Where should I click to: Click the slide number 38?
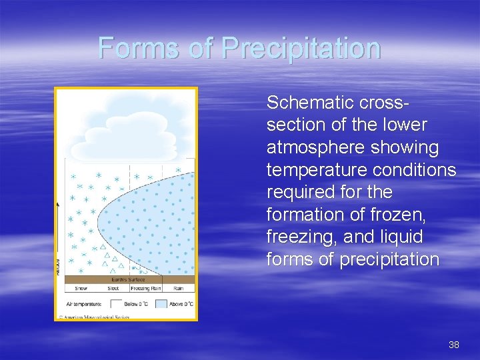coord(454,345)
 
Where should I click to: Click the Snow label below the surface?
coord(81,289)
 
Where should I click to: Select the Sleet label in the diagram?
coord(113,289)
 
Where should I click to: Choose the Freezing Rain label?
coord(145,289)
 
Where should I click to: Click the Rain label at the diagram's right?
coord(179,289)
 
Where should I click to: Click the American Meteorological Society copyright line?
coord(93,316)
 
